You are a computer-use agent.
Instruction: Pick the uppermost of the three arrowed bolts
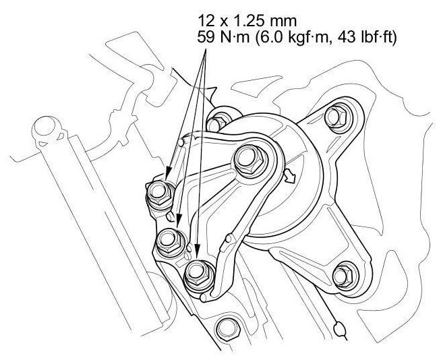click(x=160, y=193)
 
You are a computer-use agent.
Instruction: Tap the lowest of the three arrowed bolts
click(x=198, y=274)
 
